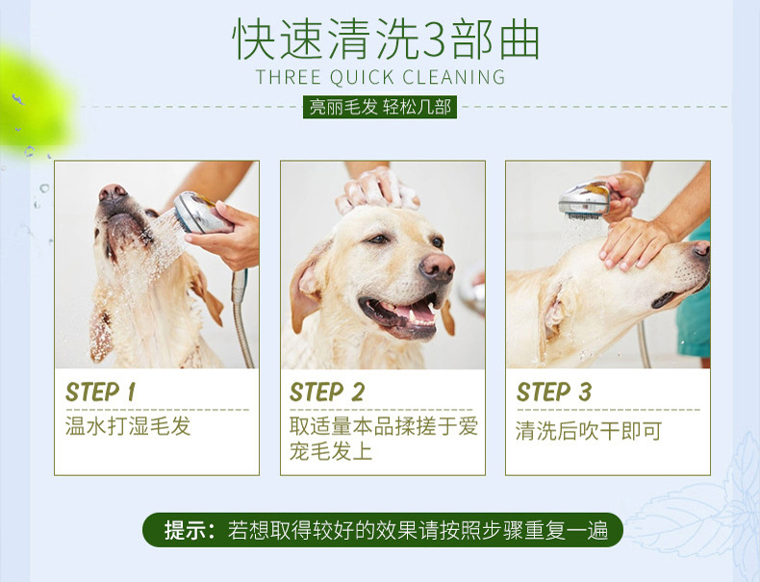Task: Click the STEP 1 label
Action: [100, 392]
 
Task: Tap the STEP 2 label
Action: [327, 392]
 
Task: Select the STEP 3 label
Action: [553, 392]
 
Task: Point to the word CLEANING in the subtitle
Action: [454, 78]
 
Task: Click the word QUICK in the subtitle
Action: [362, 78]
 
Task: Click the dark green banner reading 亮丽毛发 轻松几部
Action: [380, 107]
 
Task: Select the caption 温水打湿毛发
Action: [128, 426]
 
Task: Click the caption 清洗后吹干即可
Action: [589, 431]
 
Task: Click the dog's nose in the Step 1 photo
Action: [112, 192]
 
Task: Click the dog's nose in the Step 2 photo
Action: [437, 267]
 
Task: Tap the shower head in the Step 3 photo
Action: [584, 200]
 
